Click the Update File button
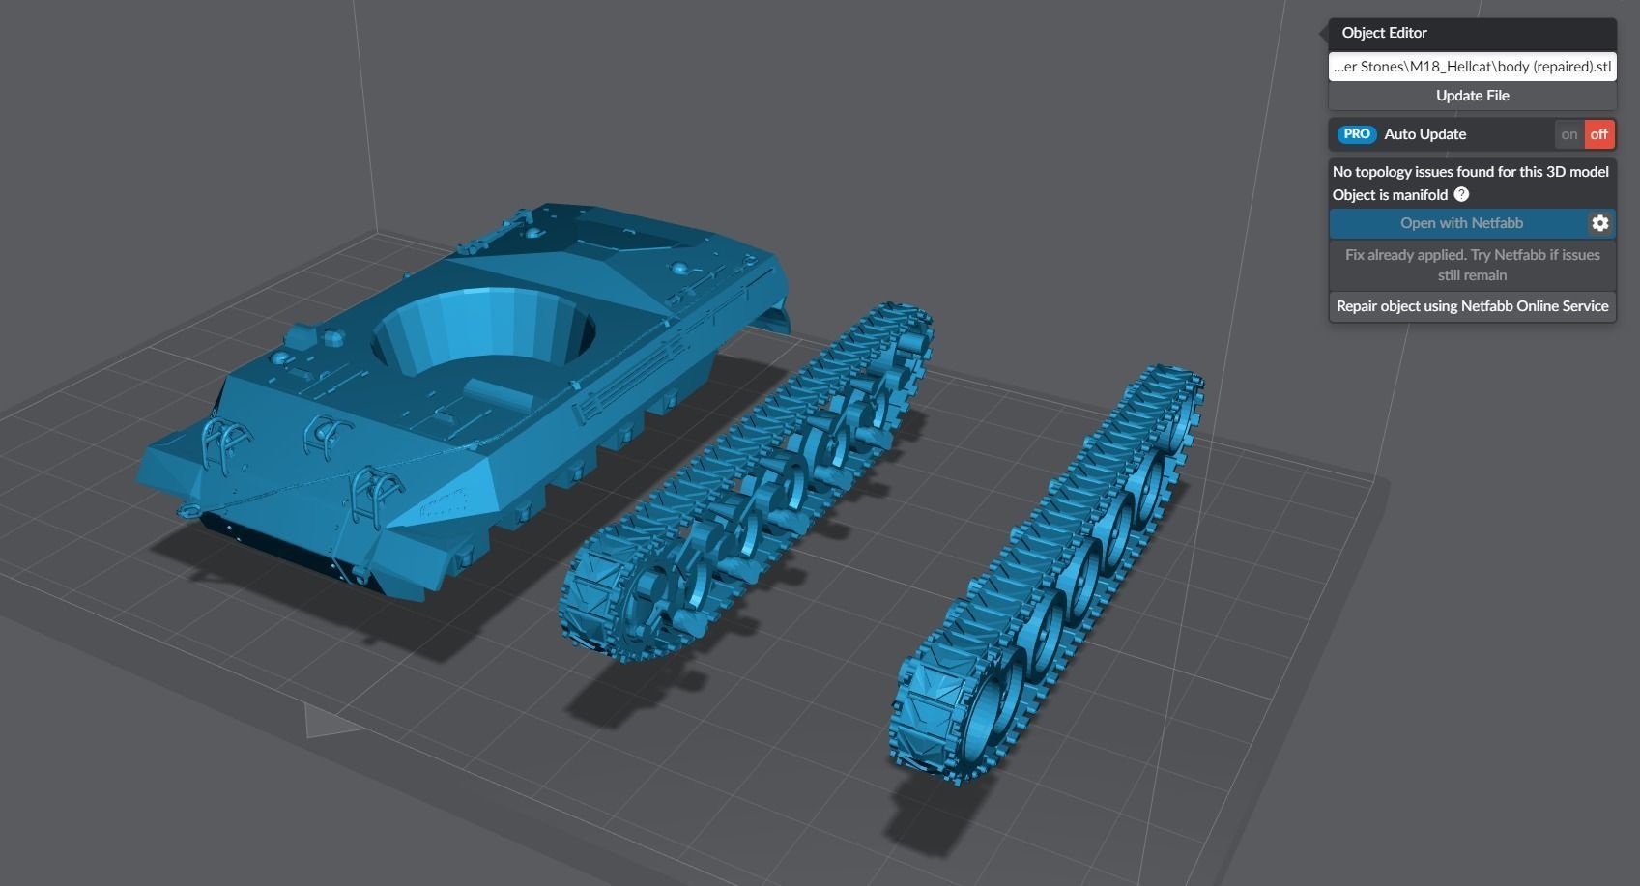[1472, 96]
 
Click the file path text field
[1472, 67]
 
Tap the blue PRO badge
[1357, 134]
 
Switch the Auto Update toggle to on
[1568, 134]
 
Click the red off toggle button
[1599, 134]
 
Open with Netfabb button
[1460, 223]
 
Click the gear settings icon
[1600, 223]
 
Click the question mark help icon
[1461, 194]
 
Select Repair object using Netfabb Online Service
[1472, 306]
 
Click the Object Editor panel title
[1384, 33]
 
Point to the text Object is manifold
[1390, 195]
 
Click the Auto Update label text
[1424, 134]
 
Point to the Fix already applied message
[1472, 265]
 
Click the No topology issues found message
[1470, 172]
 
